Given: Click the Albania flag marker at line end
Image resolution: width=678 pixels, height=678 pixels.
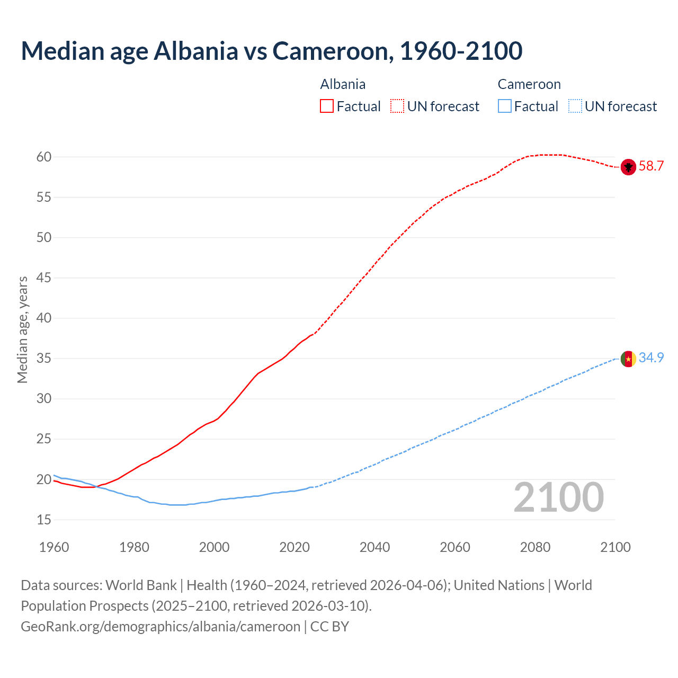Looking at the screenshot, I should pos(628,167).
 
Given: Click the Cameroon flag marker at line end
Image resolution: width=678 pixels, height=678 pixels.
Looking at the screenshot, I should pos(628,359).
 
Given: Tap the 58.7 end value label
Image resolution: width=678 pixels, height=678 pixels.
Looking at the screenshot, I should pos(651,166).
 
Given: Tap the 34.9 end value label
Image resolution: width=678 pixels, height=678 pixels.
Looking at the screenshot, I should pos(651,358).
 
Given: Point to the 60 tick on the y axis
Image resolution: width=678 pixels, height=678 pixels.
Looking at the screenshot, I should pos(44,157).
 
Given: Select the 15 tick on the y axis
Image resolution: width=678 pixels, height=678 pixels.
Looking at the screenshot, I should pos(44,520).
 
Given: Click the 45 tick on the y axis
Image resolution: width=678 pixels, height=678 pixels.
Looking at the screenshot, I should pos(44,278).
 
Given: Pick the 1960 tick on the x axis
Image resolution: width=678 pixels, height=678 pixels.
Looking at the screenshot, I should pos(54,547).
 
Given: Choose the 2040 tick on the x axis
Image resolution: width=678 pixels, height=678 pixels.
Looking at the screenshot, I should pos(374,547).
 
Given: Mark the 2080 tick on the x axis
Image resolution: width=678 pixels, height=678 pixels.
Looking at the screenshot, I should pos(535,547).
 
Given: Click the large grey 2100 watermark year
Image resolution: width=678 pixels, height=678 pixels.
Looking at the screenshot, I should pos(558,497).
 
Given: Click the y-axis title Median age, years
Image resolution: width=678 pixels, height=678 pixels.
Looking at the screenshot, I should pos(22,329).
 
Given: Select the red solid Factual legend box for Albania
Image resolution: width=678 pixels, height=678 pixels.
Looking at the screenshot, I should pos(327,106).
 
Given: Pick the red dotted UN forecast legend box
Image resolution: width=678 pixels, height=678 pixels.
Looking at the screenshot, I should pos(397,106).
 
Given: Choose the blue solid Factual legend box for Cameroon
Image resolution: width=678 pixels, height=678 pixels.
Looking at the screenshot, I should pos(505,106).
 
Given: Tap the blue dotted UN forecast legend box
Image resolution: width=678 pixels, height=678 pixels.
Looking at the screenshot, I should pos(575,106).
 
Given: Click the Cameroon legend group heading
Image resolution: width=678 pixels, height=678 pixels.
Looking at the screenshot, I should pos(529,84).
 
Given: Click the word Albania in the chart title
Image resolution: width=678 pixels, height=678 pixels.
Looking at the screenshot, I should pos(196,51).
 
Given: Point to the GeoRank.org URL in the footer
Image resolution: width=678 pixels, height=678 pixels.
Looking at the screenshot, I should pos(160,627).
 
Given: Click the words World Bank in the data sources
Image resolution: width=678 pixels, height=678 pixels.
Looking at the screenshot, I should pos(141,585).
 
